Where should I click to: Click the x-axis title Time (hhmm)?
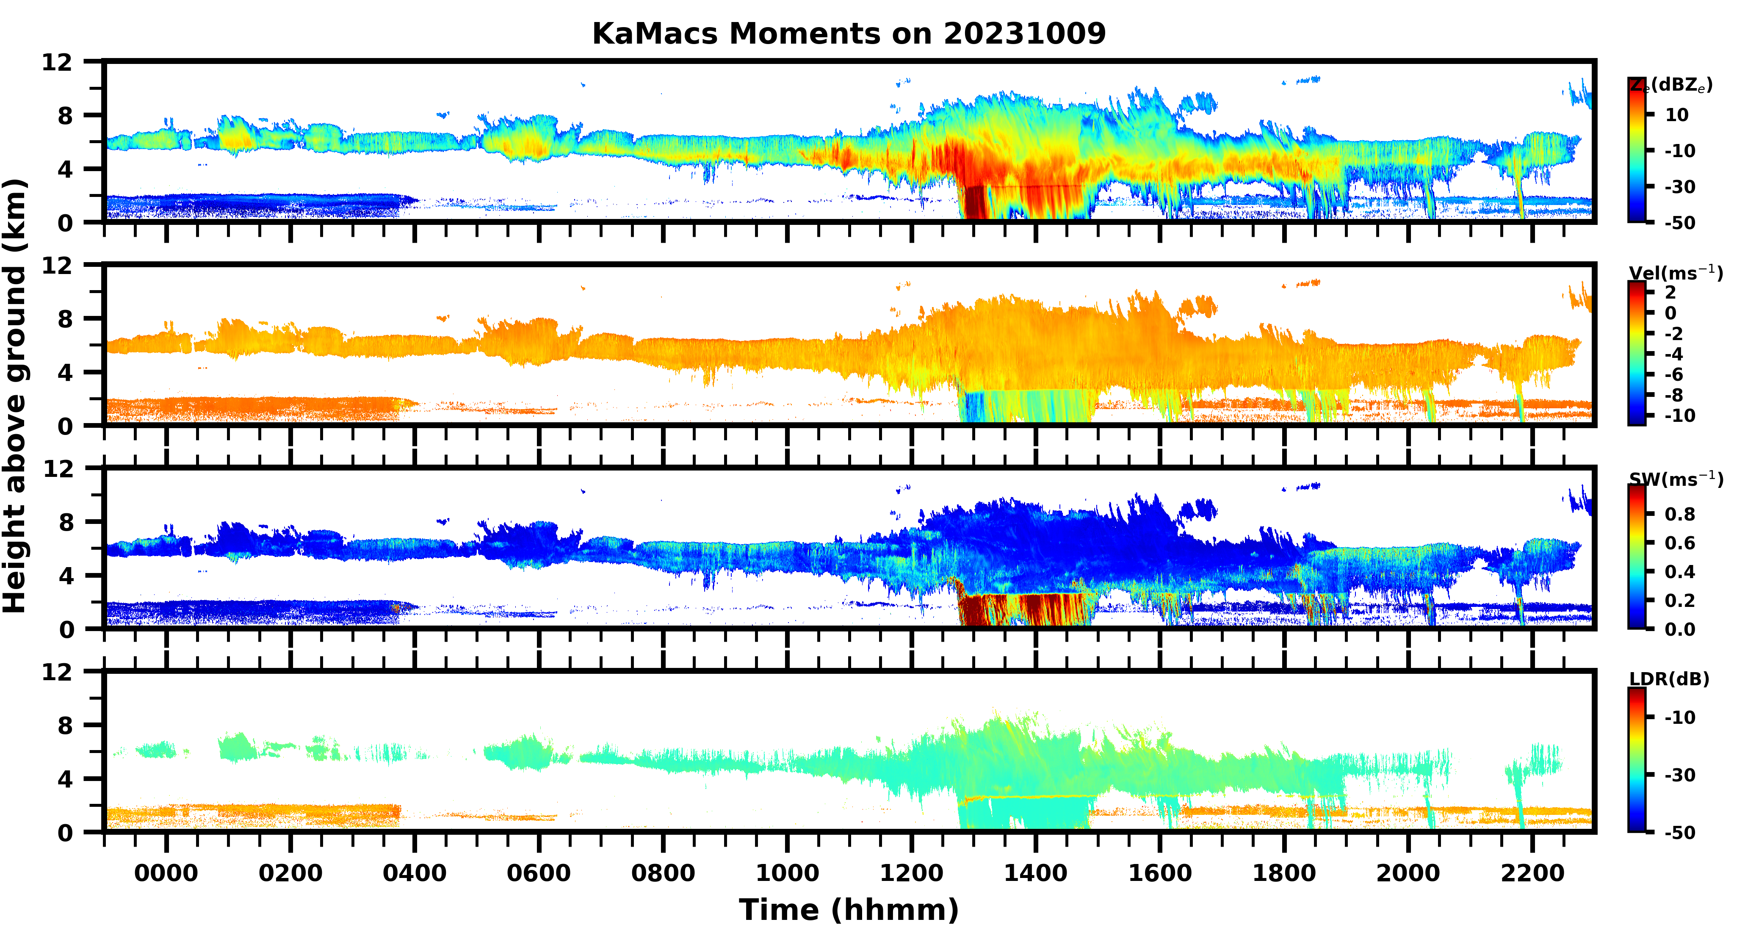point(849,910)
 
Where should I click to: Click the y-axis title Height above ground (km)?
point(15,396)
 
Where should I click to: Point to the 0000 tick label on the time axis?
point(166,873)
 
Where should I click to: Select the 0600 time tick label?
point(539,873)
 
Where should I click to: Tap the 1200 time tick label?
point(911,873)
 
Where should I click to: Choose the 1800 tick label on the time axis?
point(1284,873)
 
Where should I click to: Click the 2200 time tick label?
point(1532,873)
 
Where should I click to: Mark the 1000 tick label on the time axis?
point(787,873)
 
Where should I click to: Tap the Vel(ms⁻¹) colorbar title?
point(1675,273)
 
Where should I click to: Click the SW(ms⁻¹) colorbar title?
point(1675,479)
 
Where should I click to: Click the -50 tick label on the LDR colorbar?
point(1680,833)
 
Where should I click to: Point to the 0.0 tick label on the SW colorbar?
point(1680,630)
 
